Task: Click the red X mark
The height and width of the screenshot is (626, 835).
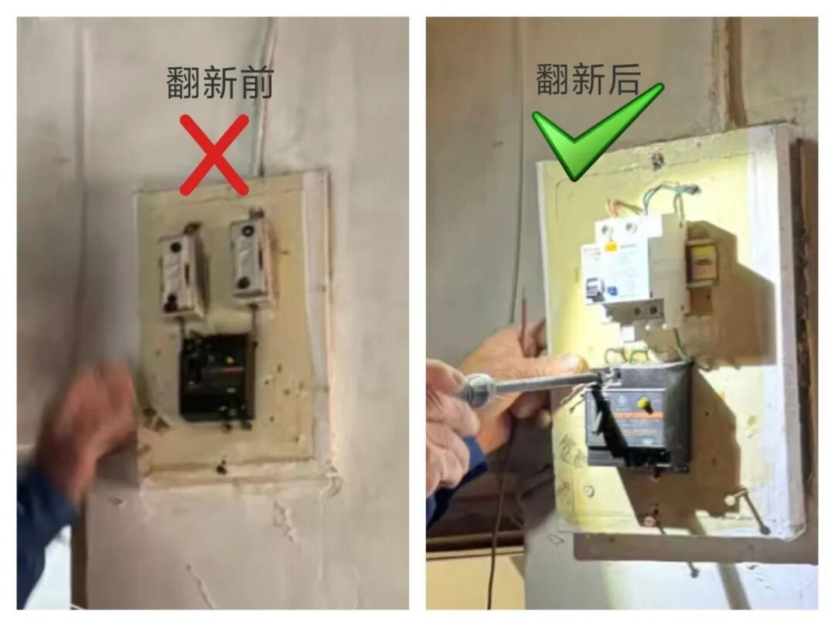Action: pyautogui.click(x=214, y=155)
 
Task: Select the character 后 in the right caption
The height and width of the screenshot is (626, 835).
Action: pyautogui.click(x=622, y=80)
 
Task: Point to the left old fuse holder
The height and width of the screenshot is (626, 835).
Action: pyautogui.click(x=182, y=272)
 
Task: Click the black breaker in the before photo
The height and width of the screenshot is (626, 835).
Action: pyautogui.click(x=217, y=376)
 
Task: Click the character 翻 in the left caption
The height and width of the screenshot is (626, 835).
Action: pyautogui.click(x=183, y=83)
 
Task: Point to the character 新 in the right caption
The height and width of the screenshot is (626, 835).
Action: pyautogui.click(x=588, y=80)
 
